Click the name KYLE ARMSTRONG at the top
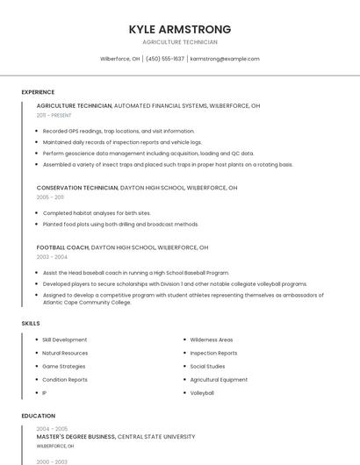tap(179, 29)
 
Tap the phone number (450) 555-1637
tap(165, 59)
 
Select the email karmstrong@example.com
tap(225, 59)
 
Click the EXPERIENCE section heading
tap(38, 92)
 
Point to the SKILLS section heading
tap(31, 324)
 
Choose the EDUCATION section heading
tap(39, 416)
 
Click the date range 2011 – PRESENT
tap(54, 115)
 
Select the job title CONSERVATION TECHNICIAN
tap(77, 188)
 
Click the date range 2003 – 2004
tap(51, 257)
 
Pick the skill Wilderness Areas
tap(212, 340)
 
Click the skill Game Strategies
tap(64, 366)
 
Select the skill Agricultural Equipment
tap(219, 380)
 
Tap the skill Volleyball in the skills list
tap(202, 393)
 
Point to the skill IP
tap(45, 393)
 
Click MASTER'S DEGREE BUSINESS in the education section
tap(76, 436)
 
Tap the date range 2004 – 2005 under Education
tap(52, 428)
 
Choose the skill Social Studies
tap(207, 366)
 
